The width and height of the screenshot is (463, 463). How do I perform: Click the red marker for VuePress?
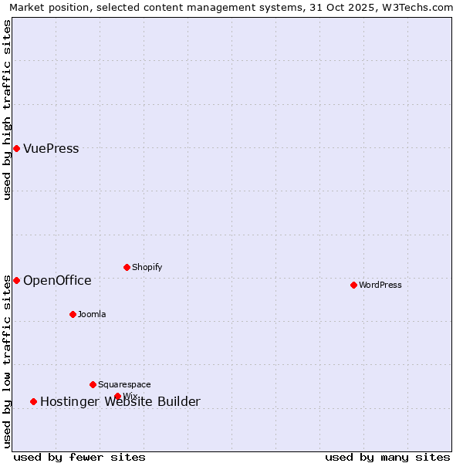pyautogui.click(x=16, y=148)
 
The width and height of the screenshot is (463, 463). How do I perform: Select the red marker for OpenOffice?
pyautogui.click(x=16, y=280)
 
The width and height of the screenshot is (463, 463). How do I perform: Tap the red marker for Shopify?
pyautogui.click(x=127, y=267)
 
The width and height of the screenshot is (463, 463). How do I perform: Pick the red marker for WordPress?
pyautogui.click(x=353, y=285)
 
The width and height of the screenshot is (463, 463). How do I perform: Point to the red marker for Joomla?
pyautogui.click(x=73, y=314)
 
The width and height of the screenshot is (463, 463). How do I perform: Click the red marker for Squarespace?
pyautogui.click(x=93, y=384)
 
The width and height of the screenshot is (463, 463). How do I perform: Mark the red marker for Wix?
pyautogui.click(x=117, y=397)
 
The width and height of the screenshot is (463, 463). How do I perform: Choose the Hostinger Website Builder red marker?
pyautogui.click(x=33, y=401)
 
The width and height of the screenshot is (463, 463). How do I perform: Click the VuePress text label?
pyautogui.click(x=51, y=148)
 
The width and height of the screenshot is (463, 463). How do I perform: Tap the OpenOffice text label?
pyautogui.click(x=57, y=280)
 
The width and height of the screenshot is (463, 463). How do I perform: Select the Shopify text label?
pyautogui.click(x=147, y=267)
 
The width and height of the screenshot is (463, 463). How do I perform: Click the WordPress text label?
pyautogui.click(x=380, y=285)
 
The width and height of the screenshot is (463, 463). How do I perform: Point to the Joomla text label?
pyautogui.click(x=92, y=314)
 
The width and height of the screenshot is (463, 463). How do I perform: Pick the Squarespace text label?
pyautogui.click(x=124, y=384)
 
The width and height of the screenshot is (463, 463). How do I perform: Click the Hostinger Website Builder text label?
pyautogui.click(x=120, y=401)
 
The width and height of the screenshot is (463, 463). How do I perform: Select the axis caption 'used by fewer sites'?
pyautogui.click(x=79, y=457)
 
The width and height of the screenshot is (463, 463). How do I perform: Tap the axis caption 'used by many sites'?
pyautogui.click(x=387, y=457)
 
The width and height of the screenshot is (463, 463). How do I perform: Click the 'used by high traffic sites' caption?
pyautogui.click(x=7, y=110)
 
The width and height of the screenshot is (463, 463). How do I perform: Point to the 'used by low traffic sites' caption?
pyautogui.click(x=7, y=361)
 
